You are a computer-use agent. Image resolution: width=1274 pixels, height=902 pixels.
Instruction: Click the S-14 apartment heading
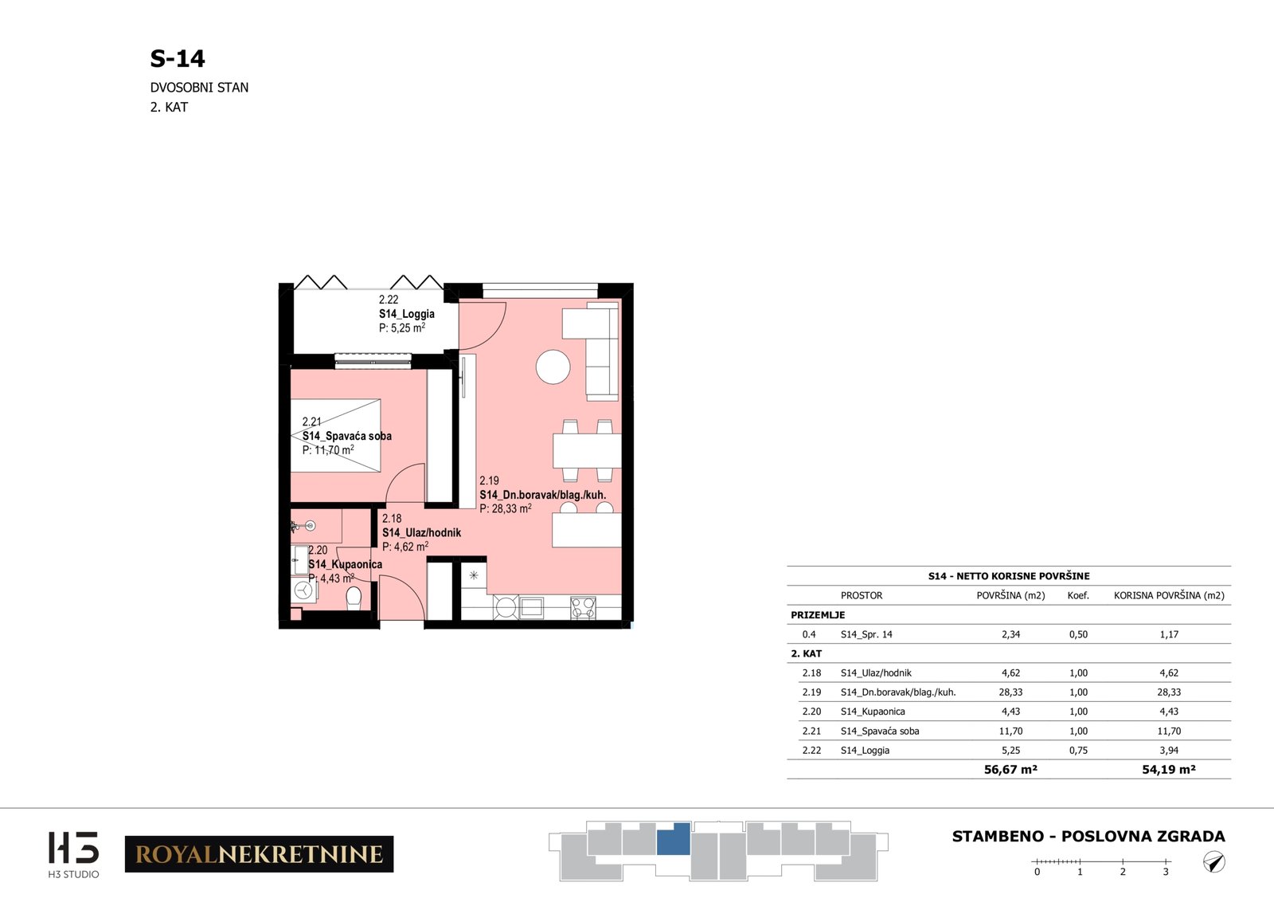tap(177, 59)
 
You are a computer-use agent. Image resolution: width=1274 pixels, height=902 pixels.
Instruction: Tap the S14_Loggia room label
tap(407, 314)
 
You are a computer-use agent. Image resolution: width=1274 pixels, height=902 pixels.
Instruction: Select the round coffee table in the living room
tap(553, 367)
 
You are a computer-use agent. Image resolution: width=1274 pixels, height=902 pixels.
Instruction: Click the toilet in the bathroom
tap(354, 598)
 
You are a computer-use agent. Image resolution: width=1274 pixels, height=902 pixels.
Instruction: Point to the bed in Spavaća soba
tap(335, 435)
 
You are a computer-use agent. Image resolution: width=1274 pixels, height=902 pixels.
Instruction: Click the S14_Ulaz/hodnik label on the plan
tap(421, 532)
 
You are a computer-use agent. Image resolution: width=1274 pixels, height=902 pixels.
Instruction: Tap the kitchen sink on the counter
tap(531, 607)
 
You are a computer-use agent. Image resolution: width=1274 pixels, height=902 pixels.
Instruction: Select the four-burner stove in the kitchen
tap(583, 607)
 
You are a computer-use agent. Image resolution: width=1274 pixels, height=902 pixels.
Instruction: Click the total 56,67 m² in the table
tap(1010, 770)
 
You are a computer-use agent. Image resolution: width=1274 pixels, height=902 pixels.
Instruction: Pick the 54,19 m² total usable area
tap(1169, 770)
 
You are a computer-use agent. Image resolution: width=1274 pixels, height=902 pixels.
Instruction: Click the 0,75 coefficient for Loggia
tap(1078, 750)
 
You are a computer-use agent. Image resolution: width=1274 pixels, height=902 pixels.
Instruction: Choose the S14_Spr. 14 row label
tap(866, 634)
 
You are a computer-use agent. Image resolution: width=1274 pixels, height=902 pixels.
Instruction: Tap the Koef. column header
tap(1078, 595)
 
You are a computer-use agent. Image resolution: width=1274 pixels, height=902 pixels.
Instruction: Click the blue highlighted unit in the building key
tap(674, 839)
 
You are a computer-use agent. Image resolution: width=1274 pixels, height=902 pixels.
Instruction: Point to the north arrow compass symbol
tap(1214, 862)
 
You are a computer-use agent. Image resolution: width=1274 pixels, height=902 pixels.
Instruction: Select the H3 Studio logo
tap(73, 854)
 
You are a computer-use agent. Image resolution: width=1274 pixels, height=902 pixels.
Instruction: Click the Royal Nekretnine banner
tap(260, 853)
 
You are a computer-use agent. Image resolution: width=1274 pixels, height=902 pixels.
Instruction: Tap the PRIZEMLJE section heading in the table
tap(818, 614)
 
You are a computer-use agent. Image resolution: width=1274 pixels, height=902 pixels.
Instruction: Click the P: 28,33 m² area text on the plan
tap(506, 508)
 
